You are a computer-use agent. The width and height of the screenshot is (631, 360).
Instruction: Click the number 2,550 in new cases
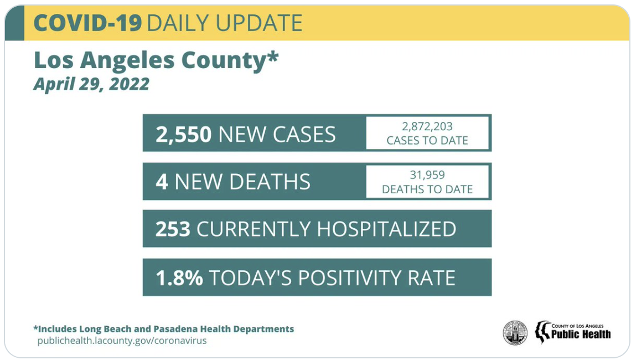click(183, 135)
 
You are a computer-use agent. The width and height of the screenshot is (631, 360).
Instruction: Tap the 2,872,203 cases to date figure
click(427, 127)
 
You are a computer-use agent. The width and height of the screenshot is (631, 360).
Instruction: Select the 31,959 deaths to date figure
click(427, 175)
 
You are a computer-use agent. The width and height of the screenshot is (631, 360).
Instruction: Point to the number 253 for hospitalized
click(173, 229)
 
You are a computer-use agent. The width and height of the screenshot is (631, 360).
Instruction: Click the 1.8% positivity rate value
click(179, 277)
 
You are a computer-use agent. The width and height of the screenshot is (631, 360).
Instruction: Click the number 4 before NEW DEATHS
click(162, 182)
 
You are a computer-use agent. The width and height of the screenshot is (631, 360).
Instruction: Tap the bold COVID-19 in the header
click(88, 23)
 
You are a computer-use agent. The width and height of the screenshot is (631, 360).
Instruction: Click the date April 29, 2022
click(91, 84)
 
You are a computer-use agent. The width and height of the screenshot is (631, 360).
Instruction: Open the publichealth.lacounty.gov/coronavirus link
click(122, 341)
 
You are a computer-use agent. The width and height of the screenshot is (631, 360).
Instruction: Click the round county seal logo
click(515, 332)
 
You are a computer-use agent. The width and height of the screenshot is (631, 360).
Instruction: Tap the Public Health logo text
click(581, 334)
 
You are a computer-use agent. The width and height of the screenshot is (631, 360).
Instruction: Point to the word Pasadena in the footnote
click(193, 328)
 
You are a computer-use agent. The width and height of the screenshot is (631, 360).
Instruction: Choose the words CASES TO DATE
click(427, 141)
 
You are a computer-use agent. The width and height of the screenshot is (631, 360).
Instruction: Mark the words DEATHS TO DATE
click(427, 189)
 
